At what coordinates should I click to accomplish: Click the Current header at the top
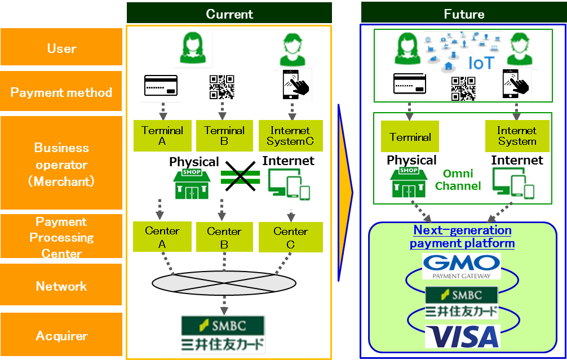click(229, 14)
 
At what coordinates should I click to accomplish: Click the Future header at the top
click(463, 14)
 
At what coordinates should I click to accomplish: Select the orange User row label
click(61, 48)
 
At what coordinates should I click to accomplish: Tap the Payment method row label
click(61, 92)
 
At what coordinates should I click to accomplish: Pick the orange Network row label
click(61, 286)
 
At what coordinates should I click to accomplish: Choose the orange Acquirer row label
click(61, 336)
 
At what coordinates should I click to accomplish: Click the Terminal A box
click(162, 136)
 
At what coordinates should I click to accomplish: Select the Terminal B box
click(224, 136)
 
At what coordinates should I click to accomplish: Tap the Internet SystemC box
click(290, 136)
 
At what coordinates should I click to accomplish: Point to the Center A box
click(162, 237)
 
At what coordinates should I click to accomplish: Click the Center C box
click(291, 237)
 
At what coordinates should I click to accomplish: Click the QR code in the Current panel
click(222, 87)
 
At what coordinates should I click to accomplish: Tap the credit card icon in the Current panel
click(161, 86)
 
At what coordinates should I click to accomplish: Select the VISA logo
click(462, 336)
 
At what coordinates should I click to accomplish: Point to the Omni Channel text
click(458, 179)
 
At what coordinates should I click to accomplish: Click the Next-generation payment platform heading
click(462, 237)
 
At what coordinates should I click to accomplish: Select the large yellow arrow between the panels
click(345, 192)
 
